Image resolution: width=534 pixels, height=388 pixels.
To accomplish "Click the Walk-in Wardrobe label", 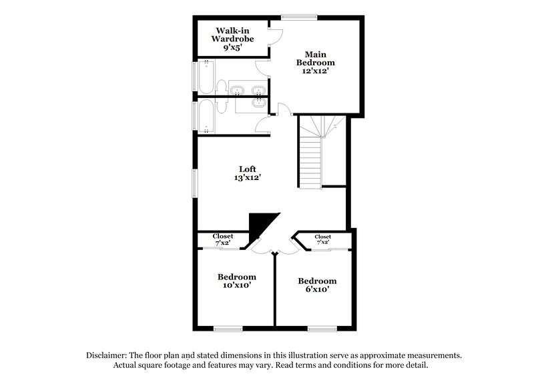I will [229, 39].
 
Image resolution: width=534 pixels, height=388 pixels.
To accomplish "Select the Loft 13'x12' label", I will [248, 173].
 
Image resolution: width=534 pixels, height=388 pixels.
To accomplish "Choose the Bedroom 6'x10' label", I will [317, 285].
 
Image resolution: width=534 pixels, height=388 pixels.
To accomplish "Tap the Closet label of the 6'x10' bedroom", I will [323, 239].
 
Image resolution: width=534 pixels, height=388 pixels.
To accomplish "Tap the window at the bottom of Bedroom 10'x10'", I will [228, 327].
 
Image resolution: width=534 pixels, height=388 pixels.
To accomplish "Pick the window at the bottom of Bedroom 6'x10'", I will [322, 327].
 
